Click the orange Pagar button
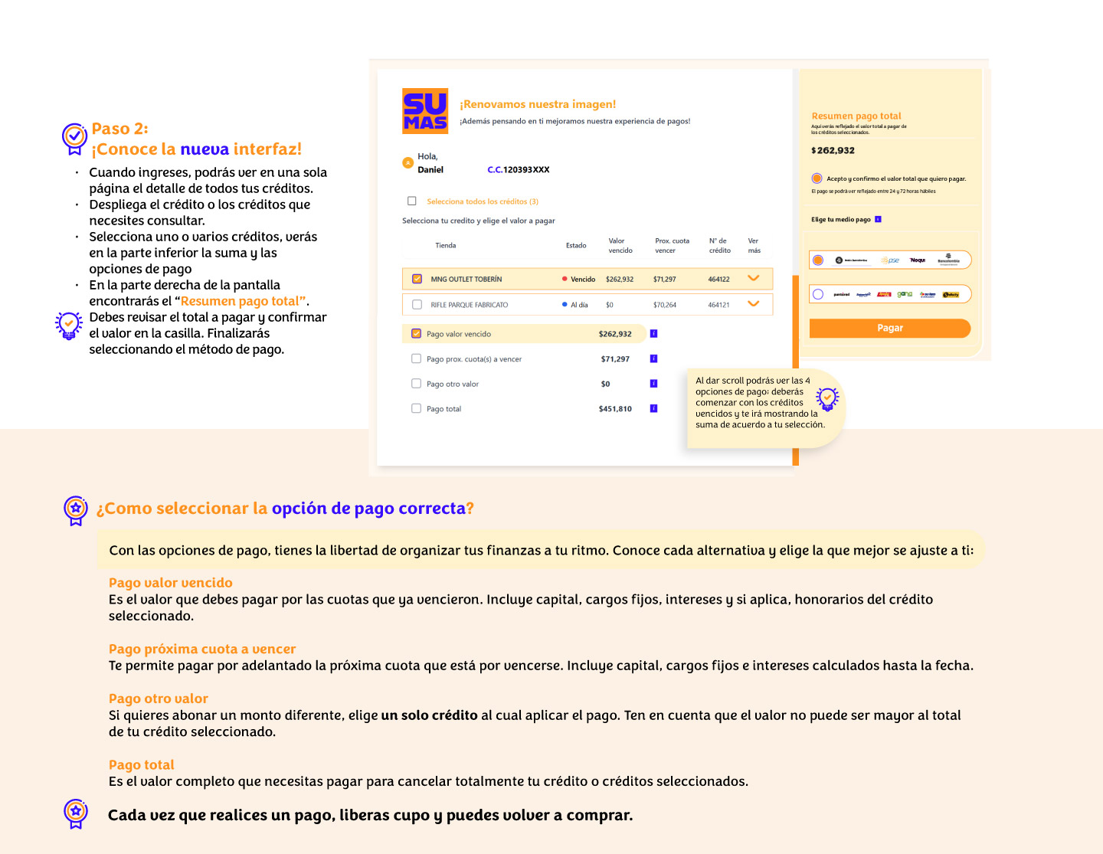pos(889,328)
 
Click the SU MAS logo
pos(425,111)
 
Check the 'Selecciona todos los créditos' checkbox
pos(412,201)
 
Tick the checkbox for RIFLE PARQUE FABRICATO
pos(417,305)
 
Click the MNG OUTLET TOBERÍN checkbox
pos(417,279)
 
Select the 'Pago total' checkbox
pos(417,409)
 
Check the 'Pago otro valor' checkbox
pos(417,384)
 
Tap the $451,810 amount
pos(615,409)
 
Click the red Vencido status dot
pos(565,279)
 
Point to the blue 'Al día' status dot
pos(565,305)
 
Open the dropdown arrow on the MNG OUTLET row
pos(753,278)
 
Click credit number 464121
pos(718,305)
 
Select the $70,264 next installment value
pos(664,305)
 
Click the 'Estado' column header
pos(576,246)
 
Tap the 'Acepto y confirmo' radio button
pos(817,178)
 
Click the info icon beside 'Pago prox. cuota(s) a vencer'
pos(653,358)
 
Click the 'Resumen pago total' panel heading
pos(856,116)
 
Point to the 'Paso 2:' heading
pos(120,129)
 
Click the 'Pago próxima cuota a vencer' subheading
pos(201,649)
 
